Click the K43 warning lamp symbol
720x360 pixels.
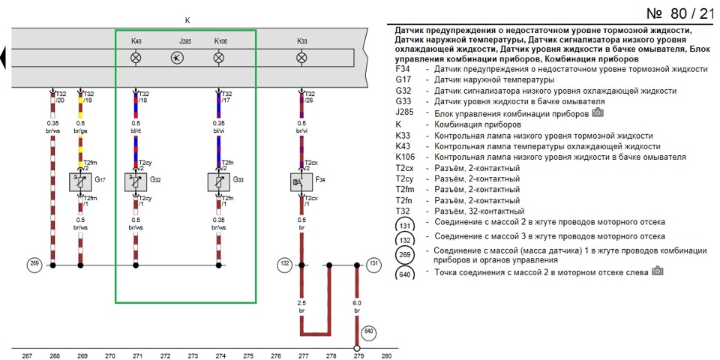pyautogui.click(x=136, y=58)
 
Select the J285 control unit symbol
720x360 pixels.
pyautogui.click(x=177, y=58)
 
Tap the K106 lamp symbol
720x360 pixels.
pyautogui.click(x=219, y=58)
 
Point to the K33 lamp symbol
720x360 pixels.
pyautogui.click(x=301, y=58)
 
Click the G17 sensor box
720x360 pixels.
pyautogui.click(x=80, y=182)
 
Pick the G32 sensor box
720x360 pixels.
pyautogui.click(x=136, y=182)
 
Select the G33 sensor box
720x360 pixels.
pyautogui.click(x=218, y=182)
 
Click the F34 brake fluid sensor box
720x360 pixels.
pyautogui.click(x=301, y=182)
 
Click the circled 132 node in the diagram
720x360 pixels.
pyautogui.click(x=283, y=265)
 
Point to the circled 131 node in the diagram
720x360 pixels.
pyautogui.click(x=373, y=265)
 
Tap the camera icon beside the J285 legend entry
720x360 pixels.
pyautogui.click(x=598, y=112)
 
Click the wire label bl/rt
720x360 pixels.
pyautogui.click(x=136, y=130)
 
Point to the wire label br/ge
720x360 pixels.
pyautogui.click(x=80, y=130)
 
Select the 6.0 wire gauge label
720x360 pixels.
pyautogui.click(x=357, y=303)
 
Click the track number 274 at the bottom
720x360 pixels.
pyautogui.click(x=220, y=355)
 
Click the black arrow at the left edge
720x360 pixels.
pyautogui.click(x=3, y=58)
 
